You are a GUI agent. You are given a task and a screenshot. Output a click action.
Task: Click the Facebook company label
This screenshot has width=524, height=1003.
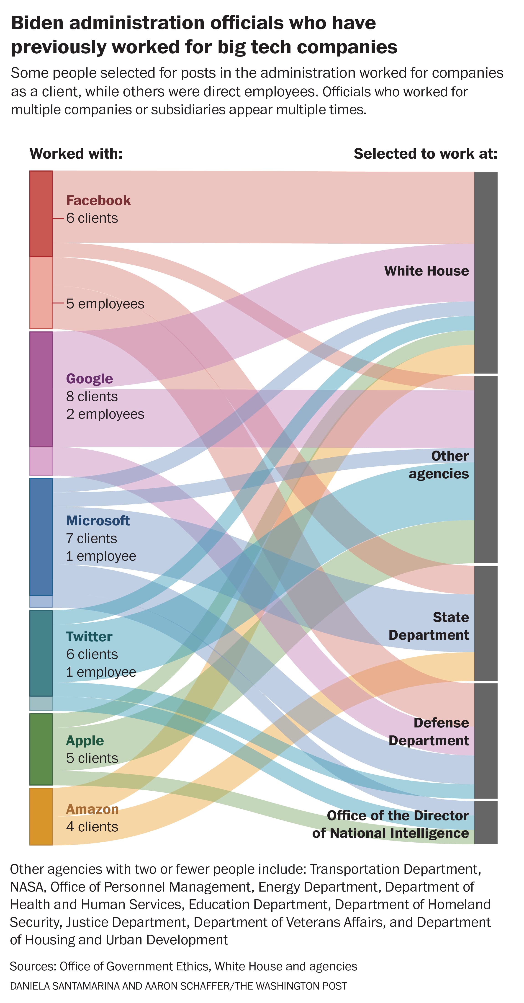click(x=98, y=201)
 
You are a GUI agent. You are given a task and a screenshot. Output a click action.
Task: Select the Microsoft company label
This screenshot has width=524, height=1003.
click(x=98, y=521)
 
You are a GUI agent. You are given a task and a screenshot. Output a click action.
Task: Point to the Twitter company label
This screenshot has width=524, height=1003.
click(x=89, y=636)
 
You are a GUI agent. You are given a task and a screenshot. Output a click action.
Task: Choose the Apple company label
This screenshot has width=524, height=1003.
click(x=85, y=740)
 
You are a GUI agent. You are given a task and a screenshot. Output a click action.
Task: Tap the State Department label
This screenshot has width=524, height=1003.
click(x=429, y=626)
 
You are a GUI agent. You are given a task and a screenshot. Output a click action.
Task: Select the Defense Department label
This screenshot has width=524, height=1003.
click(x=429, y=731)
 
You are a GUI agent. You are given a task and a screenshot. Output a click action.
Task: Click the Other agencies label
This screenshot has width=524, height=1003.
click(x=439, y=464)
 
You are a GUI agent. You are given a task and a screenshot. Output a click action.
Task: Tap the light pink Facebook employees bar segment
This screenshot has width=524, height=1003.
click(x=41, y=293)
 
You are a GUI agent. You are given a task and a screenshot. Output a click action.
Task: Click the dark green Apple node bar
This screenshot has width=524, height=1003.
click(x=41, y=749)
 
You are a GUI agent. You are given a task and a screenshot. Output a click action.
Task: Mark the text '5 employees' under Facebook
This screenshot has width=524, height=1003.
click(x=105, y=304)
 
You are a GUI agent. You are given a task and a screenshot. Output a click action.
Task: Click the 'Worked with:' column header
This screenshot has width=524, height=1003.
click(x=76, y=153)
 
